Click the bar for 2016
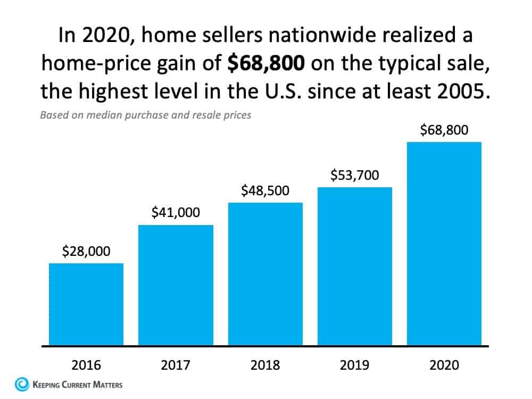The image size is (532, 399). pyautogui.click(x=86, y=304)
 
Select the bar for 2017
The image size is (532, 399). pyautogui.click(x=176, y=285)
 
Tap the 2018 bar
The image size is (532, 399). pyautogui.click(x=265, y=273)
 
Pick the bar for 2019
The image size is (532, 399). pyautogui.click(x=355, y=266)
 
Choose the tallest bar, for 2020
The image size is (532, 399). pyautogui.click(x=444, y=243)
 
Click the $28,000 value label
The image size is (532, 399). pyautogui.click(x=86, y=251)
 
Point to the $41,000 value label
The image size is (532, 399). pyautogui.click(x=176, y=213)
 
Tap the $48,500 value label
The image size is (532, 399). pyautogui.click(x=265, y=190)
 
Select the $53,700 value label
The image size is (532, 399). pyautogui.click(x=355, y=175)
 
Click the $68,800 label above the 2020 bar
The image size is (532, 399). pyautogui.click(x=444, y=130)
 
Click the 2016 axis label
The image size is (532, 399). pyautogui.click(x=86, y=365)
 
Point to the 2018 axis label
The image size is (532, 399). pyautogui.click(x=265, y=365)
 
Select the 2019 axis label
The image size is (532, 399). pyautogui.click(x=355, y=365)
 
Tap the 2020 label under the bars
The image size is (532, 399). pyautogui.click(x=444, y=365)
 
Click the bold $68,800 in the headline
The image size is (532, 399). pyautogui.click(x=266, y=64)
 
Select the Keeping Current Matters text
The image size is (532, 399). pyautogui.click(x=78, y=384)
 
